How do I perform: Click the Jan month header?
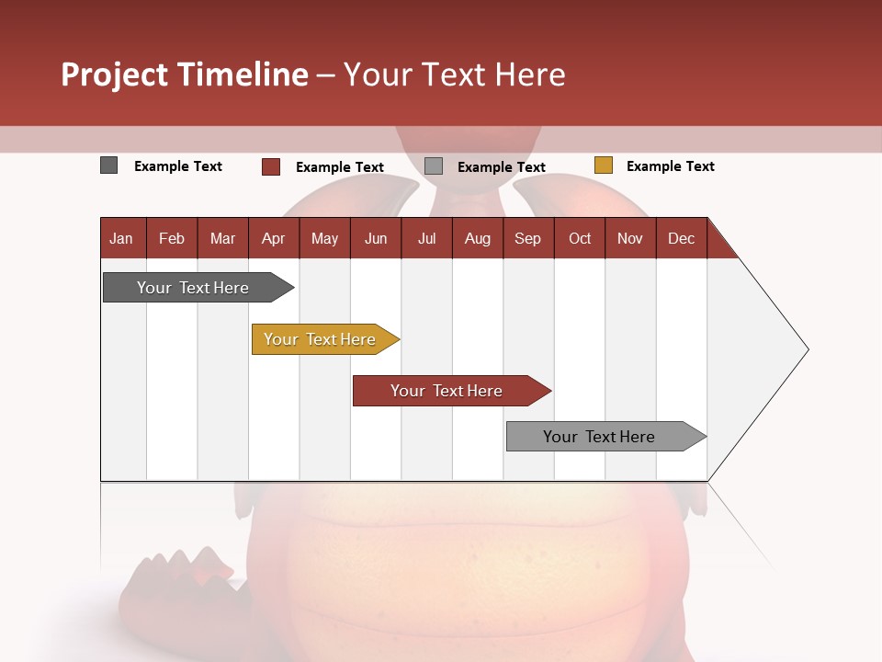click(x=121, y=238)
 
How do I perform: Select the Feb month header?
click(x=172, y=238)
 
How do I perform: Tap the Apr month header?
click(x=273, y=238)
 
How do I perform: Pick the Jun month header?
click(x=376, y=238)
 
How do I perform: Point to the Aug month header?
click(x=477, y=238)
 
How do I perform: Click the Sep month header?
click(x=527, y=238)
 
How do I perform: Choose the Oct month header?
click(x=580, y=238)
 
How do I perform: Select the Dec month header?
click(x=681, y=238)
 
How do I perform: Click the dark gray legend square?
click(x=109, y=165)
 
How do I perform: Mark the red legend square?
click(x=271, y=166)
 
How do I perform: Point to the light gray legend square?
click(x=434, y=166)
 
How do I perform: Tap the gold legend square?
click(x=603, y=165)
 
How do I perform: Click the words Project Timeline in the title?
click(x=185, y=74)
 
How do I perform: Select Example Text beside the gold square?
click(x=670, y=166)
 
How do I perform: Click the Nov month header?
click(x=630, y=238)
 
